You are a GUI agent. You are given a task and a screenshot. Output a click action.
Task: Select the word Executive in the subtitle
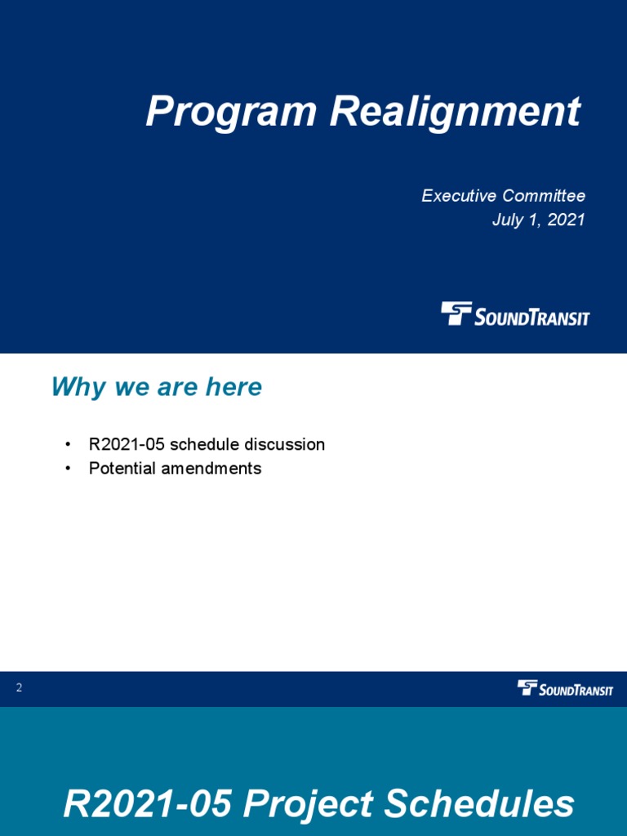pyautogui.click(x=459, y=196)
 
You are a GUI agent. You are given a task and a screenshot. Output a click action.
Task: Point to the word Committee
pyautogui.click(x=544, y=196)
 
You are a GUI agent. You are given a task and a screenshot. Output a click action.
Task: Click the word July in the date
pyautogui.click(x=508, y=220)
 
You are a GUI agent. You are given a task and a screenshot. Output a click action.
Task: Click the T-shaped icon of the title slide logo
pyautogui.click(x=456, y=313)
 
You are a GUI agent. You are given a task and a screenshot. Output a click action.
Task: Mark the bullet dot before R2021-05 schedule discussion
pyautogui.click(x=68, y=445)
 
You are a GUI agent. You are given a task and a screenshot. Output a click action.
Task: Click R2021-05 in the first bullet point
pyautogui.click(x=127, y=445)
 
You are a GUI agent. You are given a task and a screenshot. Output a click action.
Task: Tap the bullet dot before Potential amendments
pyautogui.click(x=68, y=469)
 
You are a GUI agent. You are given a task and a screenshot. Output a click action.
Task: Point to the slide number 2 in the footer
pyautogui.click(x=19, y=688)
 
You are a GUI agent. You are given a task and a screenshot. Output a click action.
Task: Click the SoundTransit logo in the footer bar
pyautogui.click(x=565, y=688)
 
